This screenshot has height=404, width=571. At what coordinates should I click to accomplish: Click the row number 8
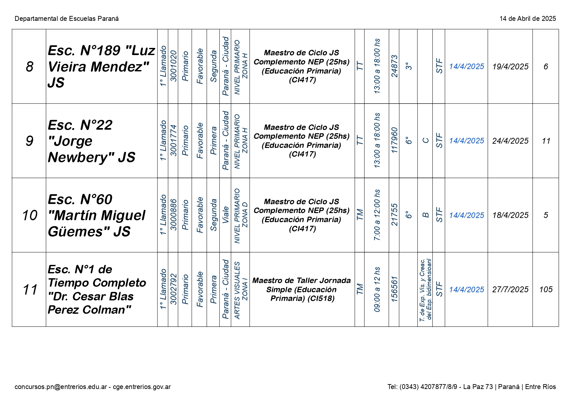29,66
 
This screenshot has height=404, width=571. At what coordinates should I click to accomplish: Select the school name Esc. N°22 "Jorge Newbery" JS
91,141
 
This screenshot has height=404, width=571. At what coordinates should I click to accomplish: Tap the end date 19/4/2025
510,66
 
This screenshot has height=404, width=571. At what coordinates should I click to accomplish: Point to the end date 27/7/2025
510,290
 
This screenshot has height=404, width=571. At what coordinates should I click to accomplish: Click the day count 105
546,290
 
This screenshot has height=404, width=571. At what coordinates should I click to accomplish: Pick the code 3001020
173,66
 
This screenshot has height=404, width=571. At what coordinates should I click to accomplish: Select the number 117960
394,140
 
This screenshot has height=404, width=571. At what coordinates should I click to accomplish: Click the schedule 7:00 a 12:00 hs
377,215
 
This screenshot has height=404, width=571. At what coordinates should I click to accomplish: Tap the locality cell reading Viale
225,215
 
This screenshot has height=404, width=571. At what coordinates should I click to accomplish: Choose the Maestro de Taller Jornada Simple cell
302,290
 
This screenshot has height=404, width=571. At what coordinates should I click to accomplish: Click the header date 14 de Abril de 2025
528,19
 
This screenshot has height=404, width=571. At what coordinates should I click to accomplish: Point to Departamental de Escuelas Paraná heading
67,19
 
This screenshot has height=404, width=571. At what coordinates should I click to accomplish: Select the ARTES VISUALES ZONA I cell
240,290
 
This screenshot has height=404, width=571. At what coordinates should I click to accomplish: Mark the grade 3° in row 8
409,66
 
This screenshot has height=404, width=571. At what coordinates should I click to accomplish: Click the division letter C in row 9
425,141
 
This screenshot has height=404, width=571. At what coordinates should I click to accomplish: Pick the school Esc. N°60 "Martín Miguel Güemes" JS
97,215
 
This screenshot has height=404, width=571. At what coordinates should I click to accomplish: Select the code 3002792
173,289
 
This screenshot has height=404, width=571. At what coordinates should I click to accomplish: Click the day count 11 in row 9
546,141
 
